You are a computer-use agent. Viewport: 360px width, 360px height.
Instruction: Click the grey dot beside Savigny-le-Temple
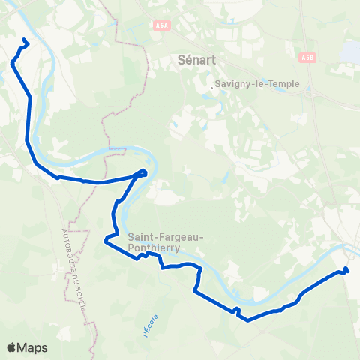pos(213,88)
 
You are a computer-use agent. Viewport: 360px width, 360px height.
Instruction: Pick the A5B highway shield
pos(307,57)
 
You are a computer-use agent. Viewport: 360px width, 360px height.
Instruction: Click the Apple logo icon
pos(13,347)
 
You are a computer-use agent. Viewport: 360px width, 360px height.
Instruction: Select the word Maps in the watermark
pos(33,348)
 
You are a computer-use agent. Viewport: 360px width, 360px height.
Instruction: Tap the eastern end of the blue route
pos(346,269)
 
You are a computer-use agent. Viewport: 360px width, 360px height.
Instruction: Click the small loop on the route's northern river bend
pos(142,173)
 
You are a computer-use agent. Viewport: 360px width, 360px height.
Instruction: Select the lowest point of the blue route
pos(247,320)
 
